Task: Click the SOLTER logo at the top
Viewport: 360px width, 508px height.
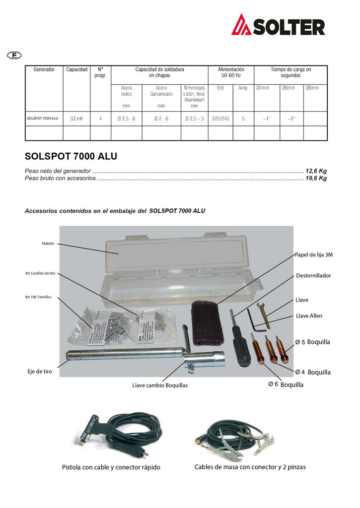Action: [x=278, y=25]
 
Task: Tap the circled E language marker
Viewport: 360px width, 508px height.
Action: [x=14, y=55]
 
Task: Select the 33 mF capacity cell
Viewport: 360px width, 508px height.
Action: [x=76, y=119]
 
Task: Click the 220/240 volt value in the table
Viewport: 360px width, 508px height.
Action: [x=220, y=119]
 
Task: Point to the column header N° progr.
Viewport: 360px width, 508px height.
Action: [x=100, y=72]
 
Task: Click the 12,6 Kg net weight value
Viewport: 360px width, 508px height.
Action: [x=316, y=171]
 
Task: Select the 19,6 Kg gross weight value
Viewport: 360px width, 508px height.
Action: [x=316, y=178]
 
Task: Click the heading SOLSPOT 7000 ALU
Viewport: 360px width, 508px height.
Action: [x=71, y=157]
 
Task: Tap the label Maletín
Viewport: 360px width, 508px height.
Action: [x=48, y=244]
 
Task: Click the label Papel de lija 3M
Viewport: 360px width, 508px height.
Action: [x=313, y=255]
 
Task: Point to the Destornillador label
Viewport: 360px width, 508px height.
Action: [x=313, y=275]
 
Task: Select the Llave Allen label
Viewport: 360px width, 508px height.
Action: [x=309, y=316]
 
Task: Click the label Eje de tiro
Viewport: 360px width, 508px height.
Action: [x=40, y=372]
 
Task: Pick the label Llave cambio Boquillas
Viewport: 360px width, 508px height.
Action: [x=160, y=385]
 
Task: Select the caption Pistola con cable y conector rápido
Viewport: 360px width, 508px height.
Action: [x=111, y=467]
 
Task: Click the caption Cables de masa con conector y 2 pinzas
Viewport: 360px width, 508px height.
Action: [x=250, y=467]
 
